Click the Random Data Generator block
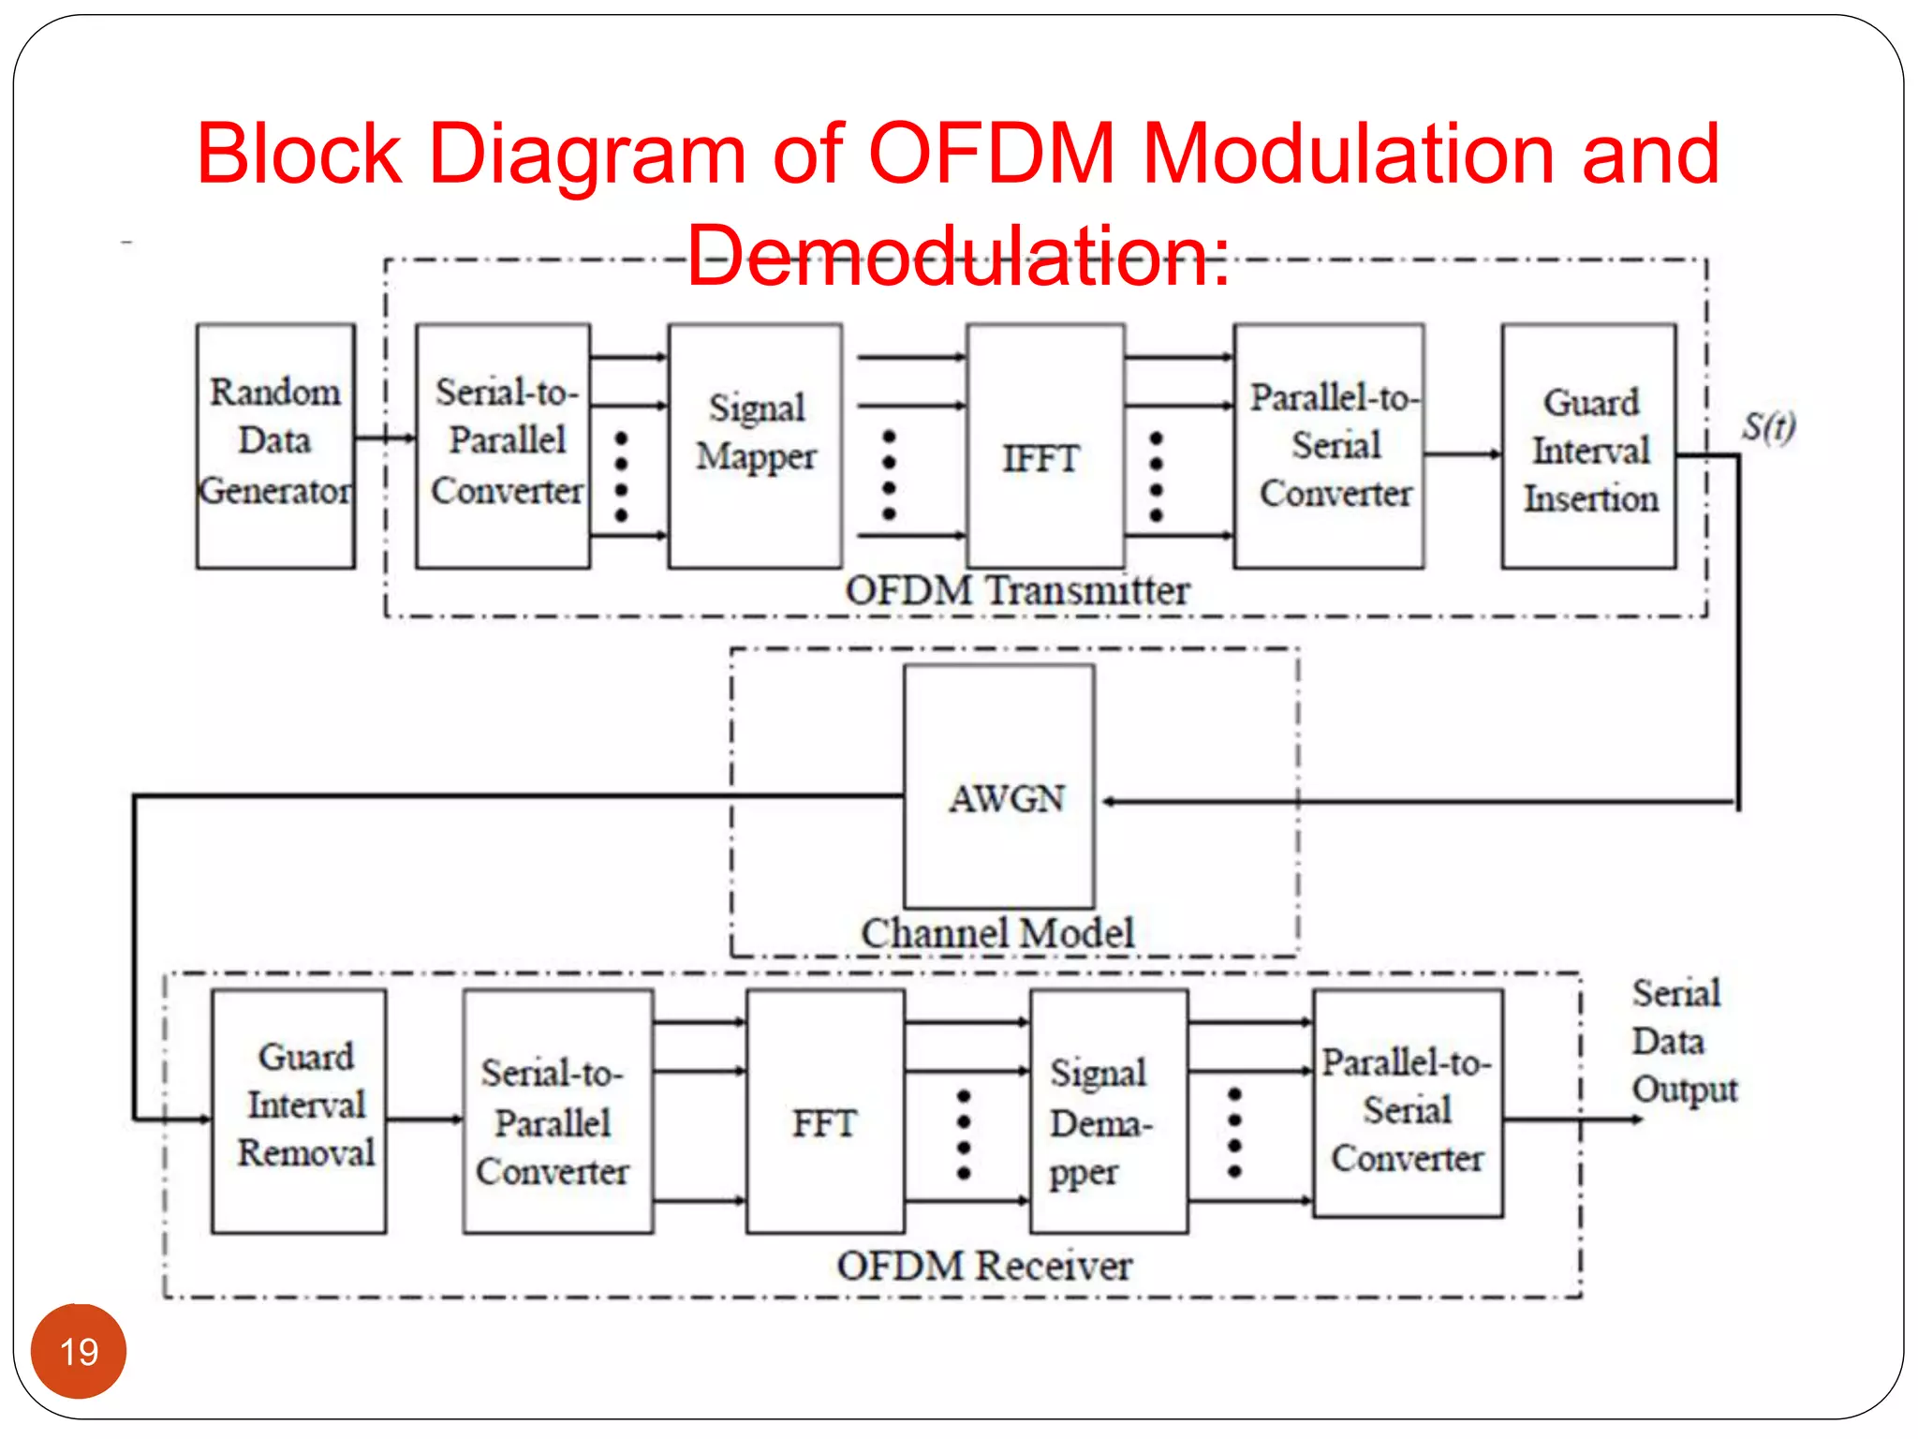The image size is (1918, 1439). (275, 445)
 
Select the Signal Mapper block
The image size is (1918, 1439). (755, 445)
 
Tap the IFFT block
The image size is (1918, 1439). (1045, 445)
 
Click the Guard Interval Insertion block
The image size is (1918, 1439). (1588, 447)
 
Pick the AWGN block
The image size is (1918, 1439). (999, 787)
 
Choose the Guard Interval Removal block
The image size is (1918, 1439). (299, 1110)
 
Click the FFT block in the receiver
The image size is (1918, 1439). (825, 1112)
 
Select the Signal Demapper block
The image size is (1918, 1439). (1109, 1112)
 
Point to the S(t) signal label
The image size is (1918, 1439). (1768, 426)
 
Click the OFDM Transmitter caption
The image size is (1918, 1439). (1017, 591)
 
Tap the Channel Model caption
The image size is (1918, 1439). (997, 933)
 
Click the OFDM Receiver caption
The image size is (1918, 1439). (984, 1266)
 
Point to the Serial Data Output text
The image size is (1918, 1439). (1683, 1041)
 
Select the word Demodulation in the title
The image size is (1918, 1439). (957, 255)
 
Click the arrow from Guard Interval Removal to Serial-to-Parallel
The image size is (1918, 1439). (424, 1119)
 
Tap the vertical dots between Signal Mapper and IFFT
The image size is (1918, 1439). (890, 475)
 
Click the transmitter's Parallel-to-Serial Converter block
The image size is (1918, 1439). (1329, 446)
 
